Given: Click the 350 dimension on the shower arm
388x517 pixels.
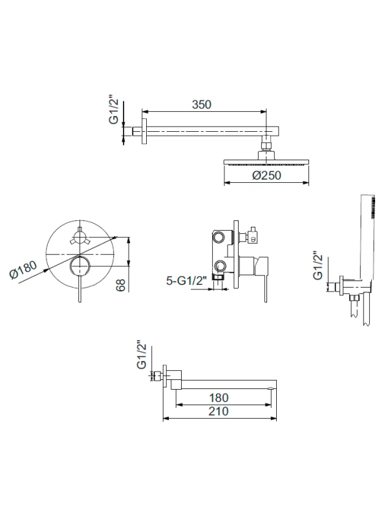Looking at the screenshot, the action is point(202,105).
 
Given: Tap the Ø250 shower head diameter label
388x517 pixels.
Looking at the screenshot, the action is point(267,175).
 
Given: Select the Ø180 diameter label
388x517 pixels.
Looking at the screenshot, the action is point(23,269).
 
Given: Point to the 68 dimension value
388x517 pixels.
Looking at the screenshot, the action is point(121,285).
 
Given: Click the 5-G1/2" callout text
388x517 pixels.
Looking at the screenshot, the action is point(186,281).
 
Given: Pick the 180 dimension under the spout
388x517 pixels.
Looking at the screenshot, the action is point(219,397).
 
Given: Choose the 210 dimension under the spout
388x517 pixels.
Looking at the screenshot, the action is point(219,411).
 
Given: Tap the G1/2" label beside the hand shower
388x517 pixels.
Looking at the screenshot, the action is point(318,266).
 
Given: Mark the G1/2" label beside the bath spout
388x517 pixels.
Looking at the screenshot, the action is point(141,355).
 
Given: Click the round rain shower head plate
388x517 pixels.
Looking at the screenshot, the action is point(266,163).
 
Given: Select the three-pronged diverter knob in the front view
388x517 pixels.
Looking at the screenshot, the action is point(79,237).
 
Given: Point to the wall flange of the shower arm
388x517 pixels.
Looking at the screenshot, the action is point(144,131).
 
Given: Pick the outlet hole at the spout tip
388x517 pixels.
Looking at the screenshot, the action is point(271,388).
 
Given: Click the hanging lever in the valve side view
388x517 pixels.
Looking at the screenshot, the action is point(266,286).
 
